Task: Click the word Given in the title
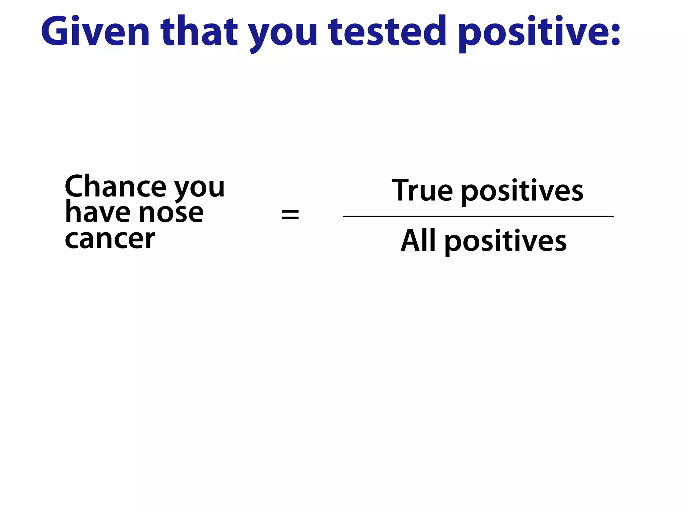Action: (x=95, y=32)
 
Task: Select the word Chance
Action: (x=116, y=186)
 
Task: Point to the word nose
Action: (x=171, y=213)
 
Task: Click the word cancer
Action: (x=110, y=239)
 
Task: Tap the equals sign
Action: (x=290, y=215)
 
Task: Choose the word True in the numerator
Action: (x=422, y=190)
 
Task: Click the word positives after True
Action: (x=522, y=192)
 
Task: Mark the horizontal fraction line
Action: (x=478, y=217)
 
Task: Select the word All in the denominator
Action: (x=418, y=240)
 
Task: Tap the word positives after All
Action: (x=505, y=242)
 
